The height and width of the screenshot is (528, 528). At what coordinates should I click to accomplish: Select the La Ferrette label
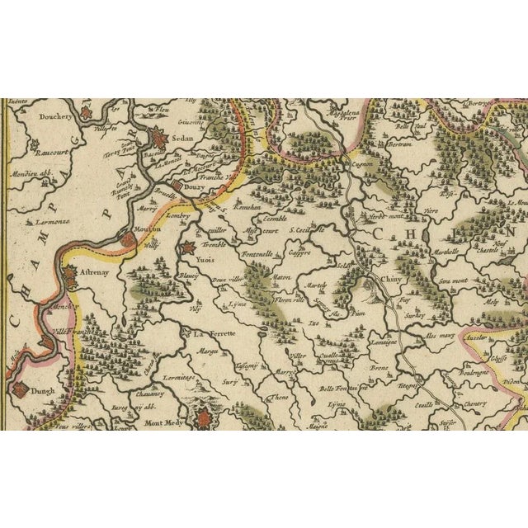pyautogui.click(x=214, y=335)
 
